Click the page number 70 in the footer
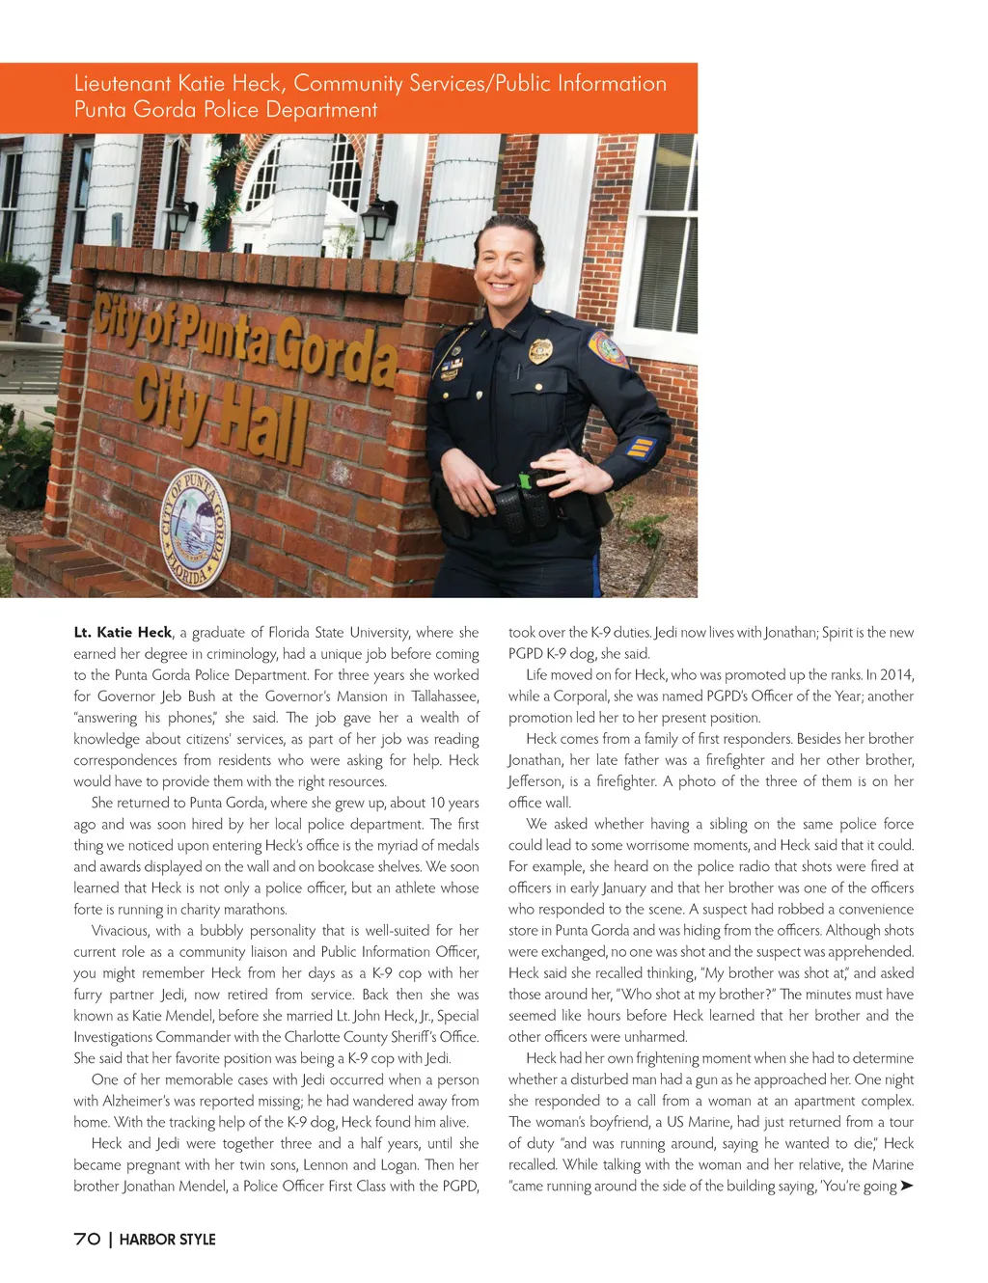click(x=87, y=1239)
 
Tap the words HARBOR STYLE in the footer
click(x=168, y=1240)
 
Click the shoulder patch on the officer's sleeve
click(x=607, y=348)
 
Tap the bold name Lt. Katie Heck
click(x=123, y=633)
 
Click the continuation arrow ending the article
click(x=906, y=1186)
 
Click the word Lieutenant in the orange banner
click(x=123, y=84)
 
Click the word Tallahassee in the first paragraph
click(x=445, y=696)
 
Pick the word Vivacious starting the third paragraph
click(x=120, y=931)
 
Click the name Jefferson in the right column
click(x=537, y=781)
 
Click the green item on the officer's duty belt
click(x=525, y=479)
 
